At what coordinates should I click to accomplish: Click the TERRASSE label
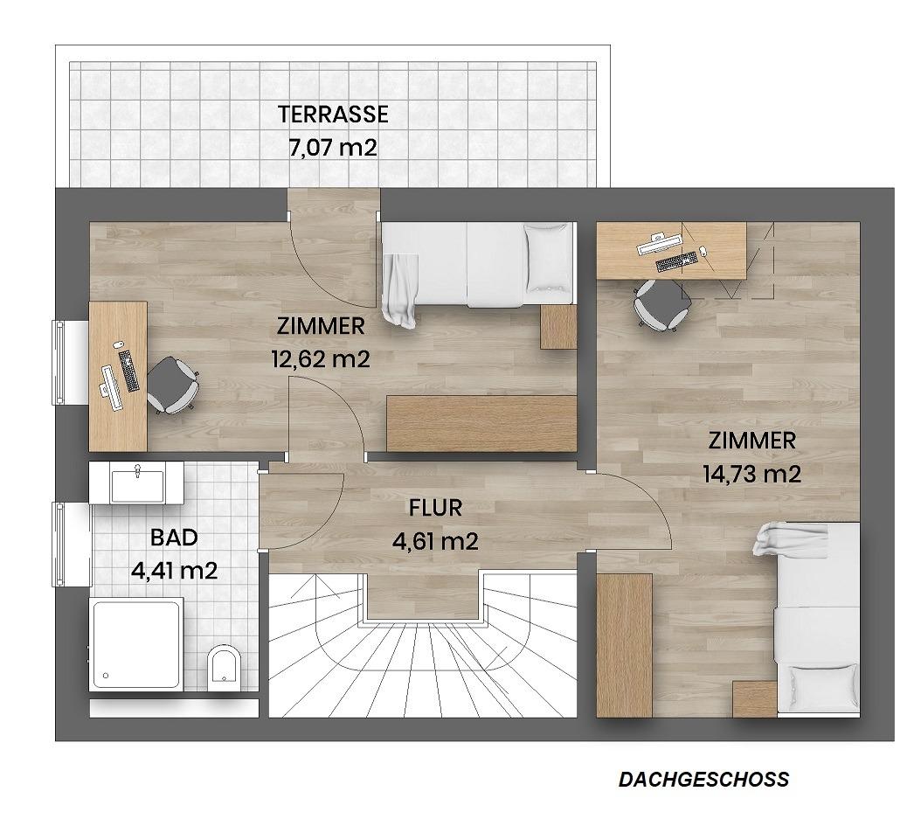[x=333, y=115]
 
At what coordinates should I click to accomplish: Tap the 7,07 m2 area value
[x=333, y=148]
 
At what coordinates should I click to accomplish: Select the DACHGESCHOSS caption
[x=704, y=780]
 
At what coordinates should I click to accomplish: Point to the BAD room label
[x=174, y=538]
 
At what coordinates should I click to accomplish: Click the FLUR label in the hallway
[x=435, y=509]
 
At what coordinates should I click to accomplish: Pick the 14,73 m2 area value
[x=752, y=474]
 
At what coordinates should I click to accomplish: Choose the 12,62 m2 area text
[x=321, y=358]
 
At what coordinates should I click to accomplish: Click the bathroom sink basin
[x=137, y=483]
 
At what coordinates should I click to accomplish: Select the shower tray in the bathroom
[x=136, y=644]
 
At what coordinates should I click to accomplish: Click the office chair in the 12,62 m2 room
[x=171, y=385]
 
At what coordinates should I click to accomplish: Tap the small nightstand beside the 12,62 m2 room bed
[x=557, y=326]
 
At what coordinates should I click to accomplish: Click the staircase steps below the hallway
[x=423, y=659]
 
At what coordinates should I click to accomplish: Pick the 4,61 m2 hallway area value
[x=435, y=542]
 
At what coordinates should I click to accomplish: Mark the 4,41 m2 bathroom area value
[x=174, y=570]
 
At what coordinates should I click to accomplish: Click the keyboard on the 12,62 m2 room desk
[x=128, y=371]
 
